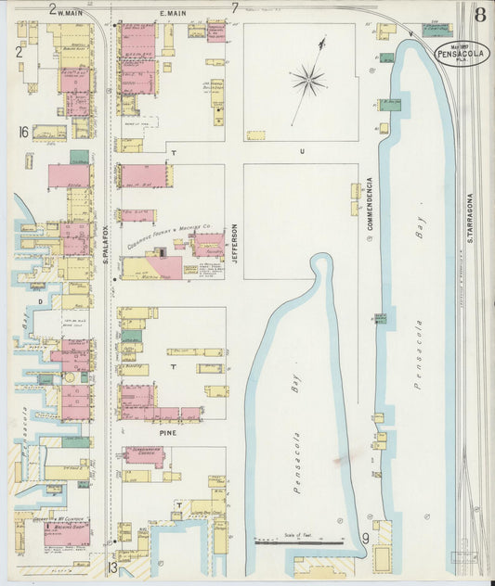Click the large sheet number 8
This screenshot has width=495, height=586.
478,14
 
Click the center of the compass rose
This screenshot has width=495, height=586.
308,81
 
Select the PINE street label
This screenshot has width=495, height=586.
167,432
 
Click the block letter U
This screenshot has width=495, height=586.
301,150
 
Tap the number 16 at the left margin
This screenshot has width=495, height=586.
22,133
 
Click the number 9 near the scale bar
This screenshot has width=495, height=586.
366,537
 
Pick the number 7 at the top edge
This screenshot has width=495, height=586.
235,8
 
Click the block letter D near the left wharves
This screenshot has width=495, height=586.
40,301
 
